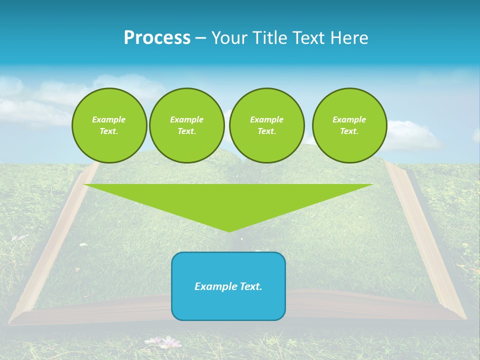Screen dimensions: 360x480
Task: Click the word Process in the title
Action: pyautogui.click(x=157, y=38)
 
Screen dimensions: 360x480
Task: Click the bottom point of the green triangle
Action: pyautogui.click(x=229, y=231)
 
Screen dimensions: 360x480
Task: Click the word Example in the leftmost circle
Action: pyautogui.click(x=109, y=119)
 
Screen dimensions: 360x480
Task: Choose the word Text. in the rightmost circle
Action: pyautogui.click(x=349, y=131)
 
